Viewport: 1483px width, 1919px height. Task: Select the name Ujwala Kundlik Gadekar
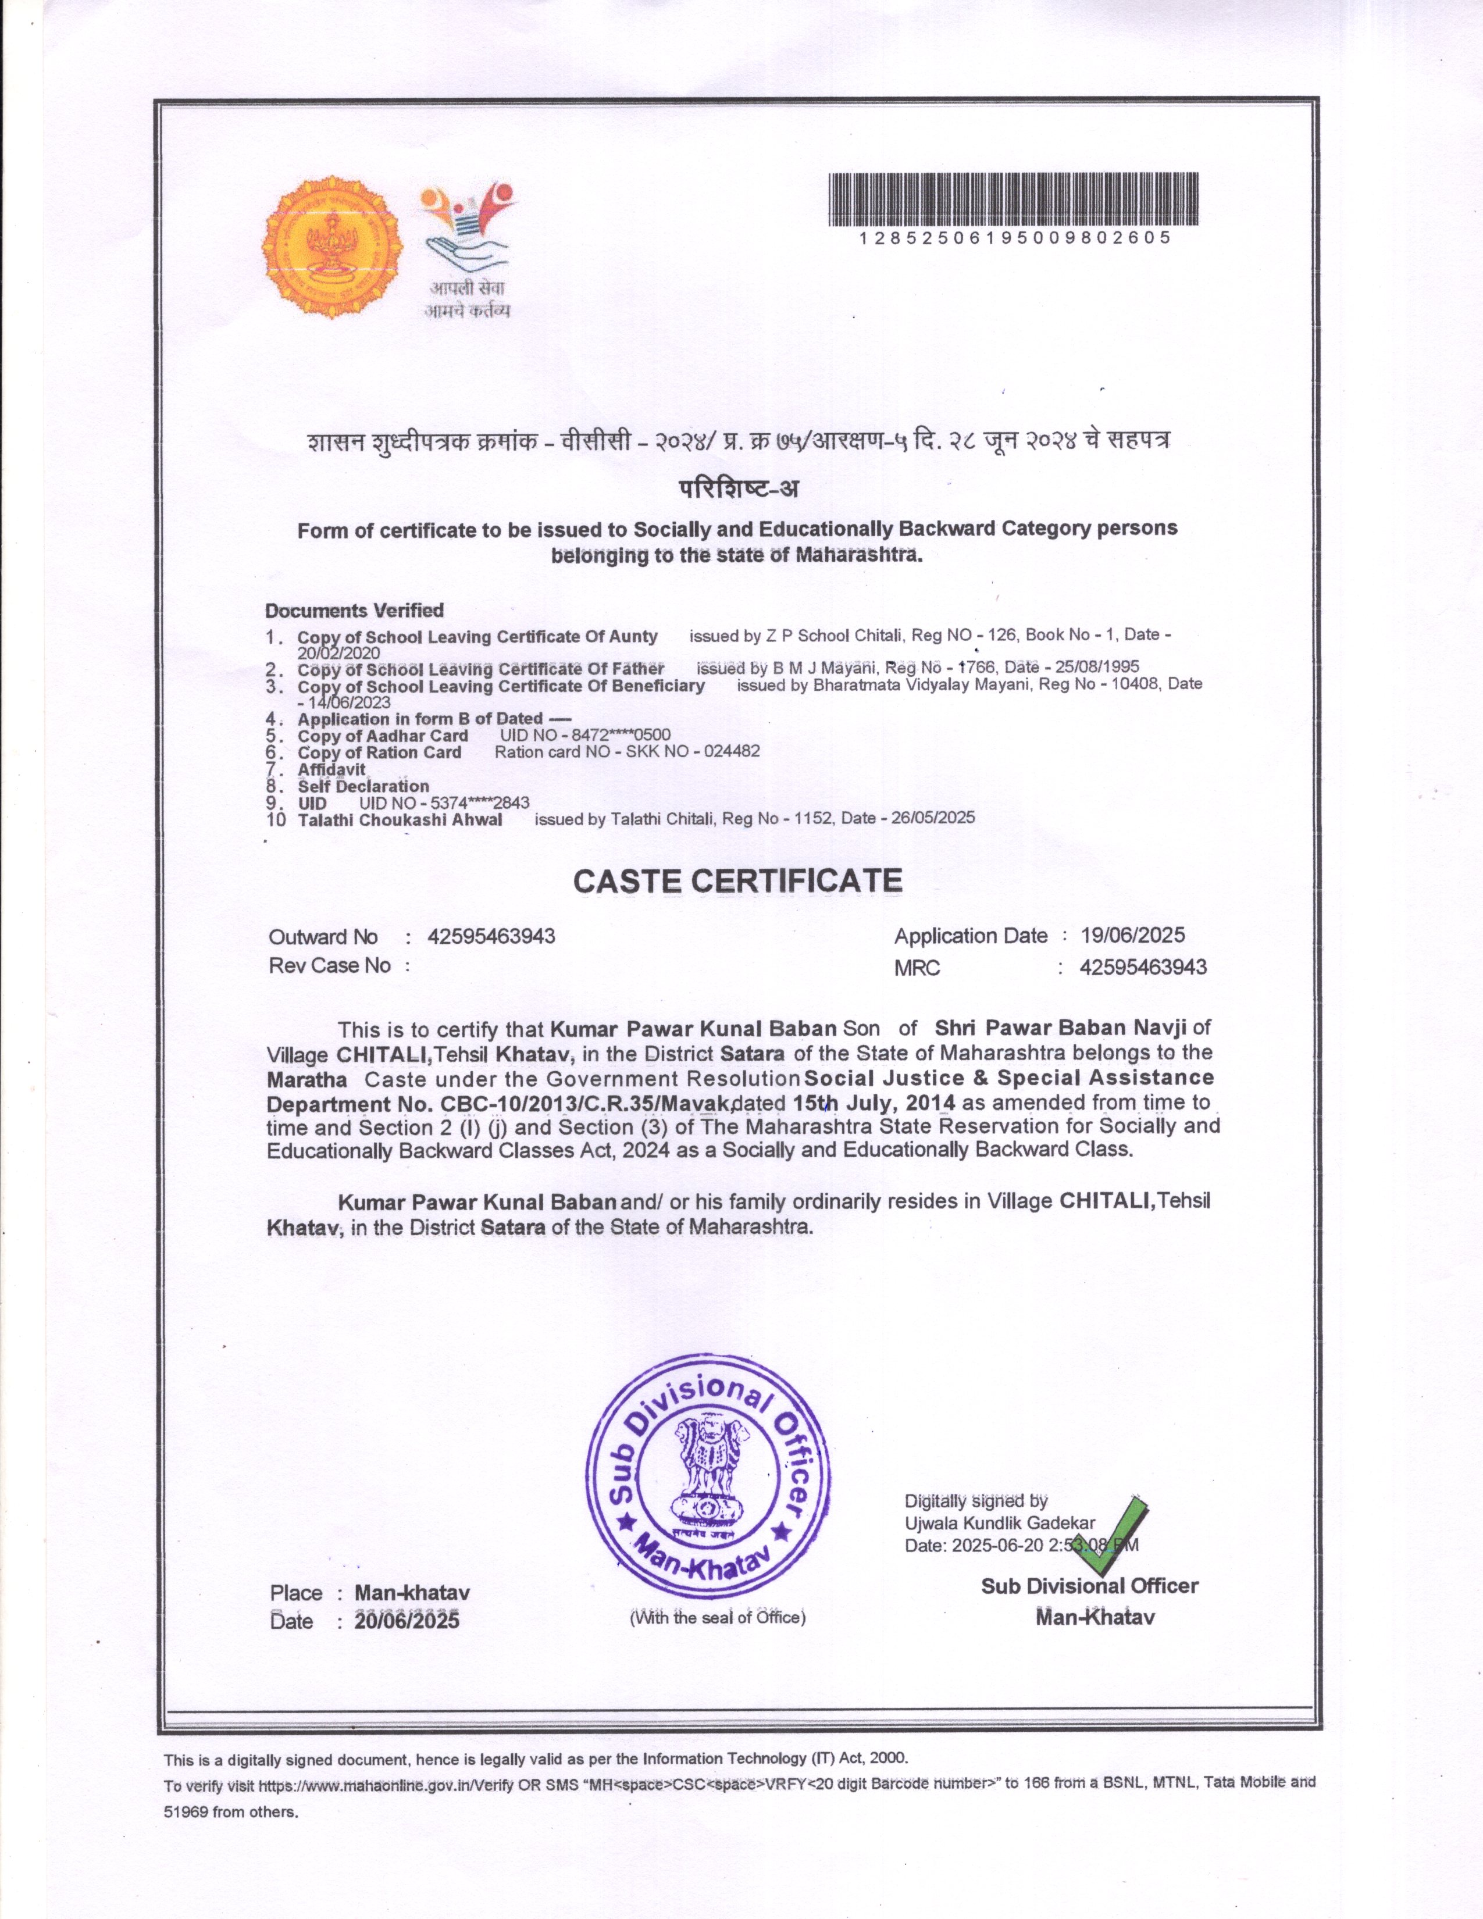(1000, 1523)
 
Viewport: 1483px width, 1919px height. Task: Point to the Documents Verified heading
(354, 610)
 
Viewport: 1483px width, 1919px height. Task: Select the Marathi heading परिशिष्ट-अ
(739, 488)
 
